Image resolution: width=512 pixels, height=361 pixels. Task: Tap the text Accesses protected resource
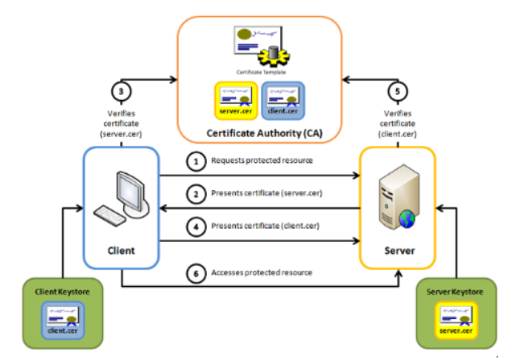click(x=262, y=272)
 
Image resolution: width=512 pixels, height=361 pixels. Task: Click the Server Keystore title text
click(x=454, y=288)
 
